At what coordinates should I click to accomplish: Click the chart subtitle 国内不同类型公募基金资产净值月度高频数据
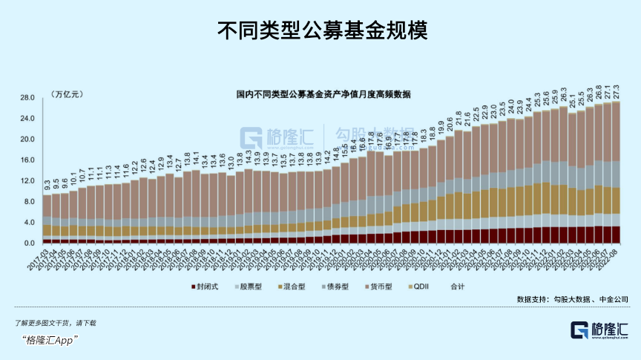tap(323, 95)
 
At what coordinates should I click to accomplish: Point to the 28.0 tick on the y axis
tap(29, 98)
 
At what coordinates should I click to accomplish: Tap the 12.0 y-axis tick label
tap(29, 181)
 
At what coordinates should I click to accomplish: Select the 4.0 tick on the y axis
tap(30, 223)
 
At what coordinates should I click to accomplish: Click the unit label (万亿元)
tap(67, 94)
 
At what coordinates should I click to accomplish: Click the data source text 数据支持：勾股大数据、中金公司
tap(573, 300)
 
